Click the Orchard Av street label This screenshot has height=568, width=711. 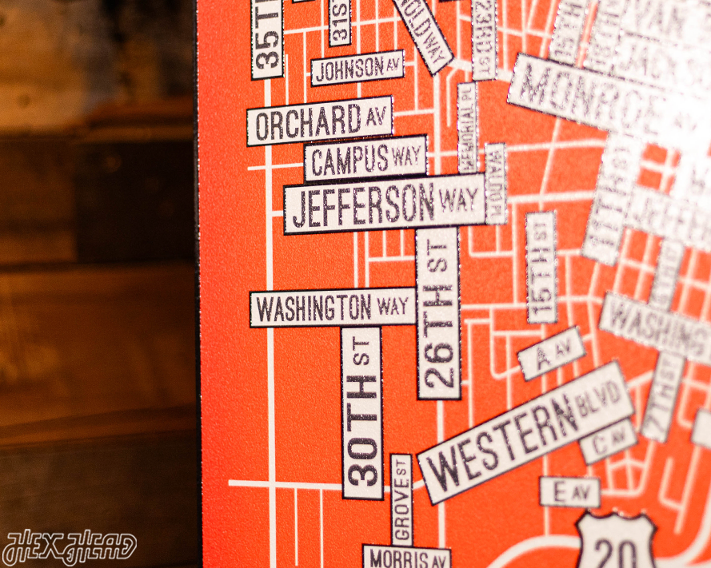coord(319,121)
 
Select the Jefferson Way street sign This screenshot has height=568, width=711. coord(385,203)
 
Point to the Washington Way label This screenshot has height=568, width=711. coord(332,308)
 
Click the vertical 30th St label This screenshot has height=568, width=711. coord(362,412)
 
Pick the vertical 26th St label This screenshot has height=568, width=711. coord(438,313)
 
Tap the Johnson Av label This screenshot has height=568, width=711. coord(357,69)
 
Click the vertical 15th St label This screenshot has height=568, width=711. coord(541,267)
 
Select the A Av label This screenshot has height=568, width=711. coord(551,352)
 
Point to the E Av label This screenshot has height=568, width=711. coord(569,492)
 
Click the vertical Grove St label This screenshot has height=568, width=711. coord(401,499)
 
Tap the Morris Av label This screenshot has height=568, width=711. coord(406,557)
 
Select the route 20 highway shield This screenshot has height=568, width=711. coord(616,543)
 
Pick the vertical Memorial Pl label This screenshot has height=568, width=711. coord(467,128)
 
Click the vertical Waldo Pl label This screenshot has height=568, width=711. coord(496,183)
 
